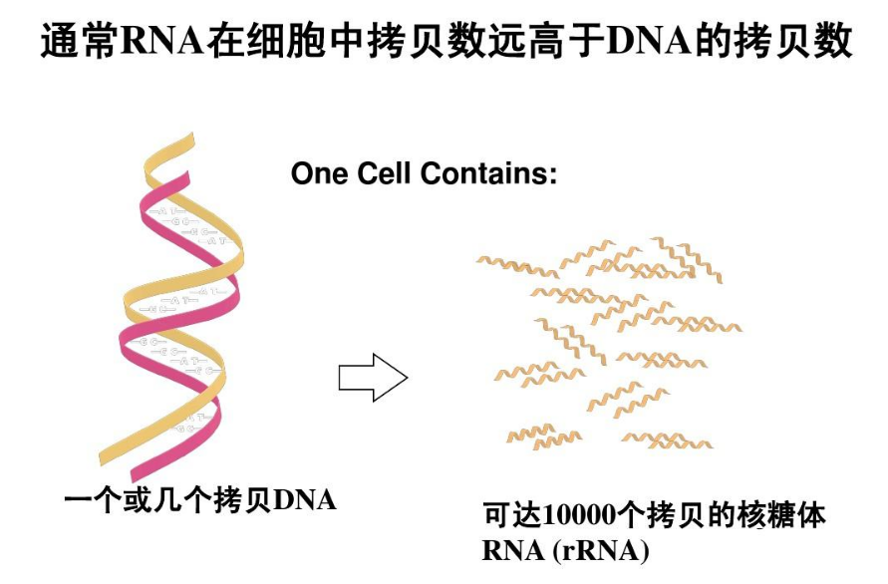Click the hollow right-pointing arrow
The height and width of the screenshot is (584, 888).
pos(373,378)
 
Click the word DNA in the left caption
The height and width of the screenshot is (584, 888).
pos(304,499)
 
